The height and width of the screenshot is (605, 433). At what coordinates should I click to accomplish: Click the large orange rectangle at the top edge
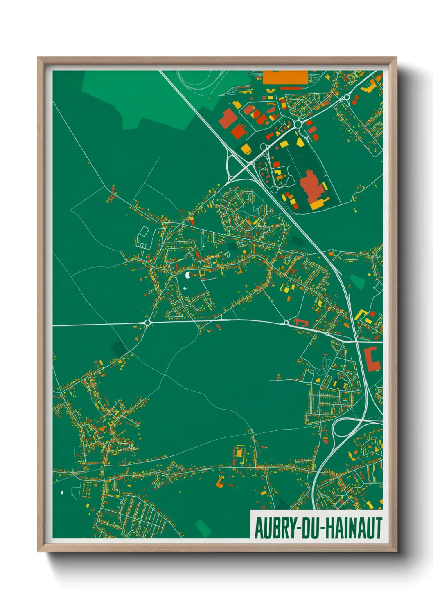tap(285, 77)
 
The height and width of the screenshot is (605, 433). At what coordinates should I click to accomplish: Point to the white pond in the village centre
tap(188, 276)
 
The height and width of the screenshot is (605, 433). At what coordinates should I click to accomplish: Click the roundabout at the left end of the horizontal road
tap(147, 323)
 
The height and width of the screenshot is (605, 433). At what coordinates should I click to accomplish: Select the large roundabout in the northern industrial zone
tap(298, 123)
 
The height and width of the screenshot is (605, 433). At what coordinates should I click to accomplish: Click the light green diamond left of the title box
tap(203, 527)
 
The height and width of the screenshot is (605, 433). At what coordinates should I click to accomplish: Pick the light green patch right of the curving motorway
tap(357, 281)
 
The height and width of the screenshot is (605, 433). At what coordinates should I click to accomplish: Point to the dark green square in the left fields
tap(120, 349)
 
